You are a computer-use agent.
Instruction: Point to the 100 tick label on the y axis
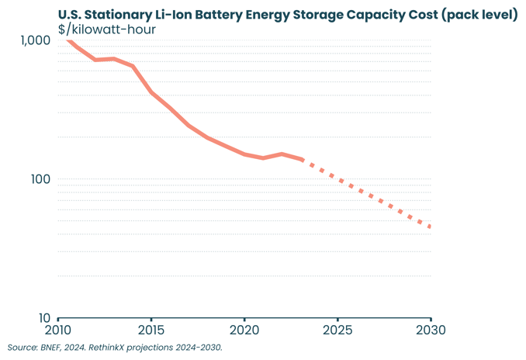coord(40,179)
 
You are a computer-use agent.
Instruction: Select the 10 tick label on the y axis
coord(43,318)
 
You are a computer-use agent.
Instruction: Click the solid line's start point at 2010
coord(67,40)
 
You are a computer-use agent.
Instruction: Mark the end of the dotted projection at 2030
coord(430,227)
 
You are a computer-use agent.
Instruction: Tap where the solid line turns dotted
coord(303,160)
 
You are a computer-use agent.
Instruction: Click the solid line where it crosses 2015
coord(151,92)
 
